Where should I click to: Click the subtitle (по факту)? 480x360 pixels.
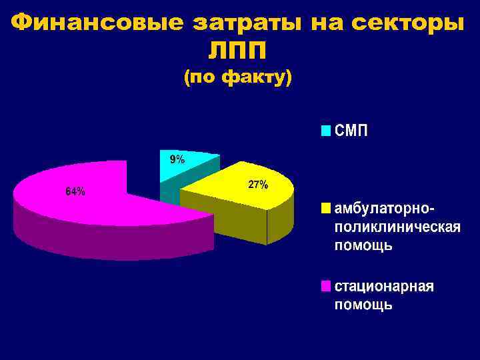click(x=237, y=78)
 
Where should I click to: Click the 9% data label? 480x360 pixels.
click(x=177, y=159)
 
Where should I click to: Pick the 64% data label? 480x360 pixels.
click(x=75, y=191)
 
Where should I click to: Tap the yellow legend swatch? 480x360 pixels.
click(x=325, y=208)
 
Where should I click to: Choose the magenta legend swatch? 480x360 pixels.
click(x=325, y=286)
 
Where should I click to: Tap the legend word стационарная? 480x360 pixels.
click(x=384, y=286)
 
